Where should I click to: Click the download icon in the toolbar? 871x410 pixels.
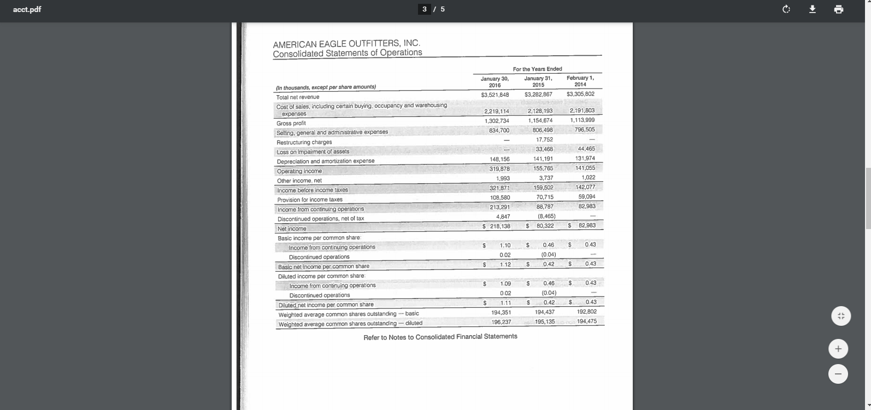pos(813,9)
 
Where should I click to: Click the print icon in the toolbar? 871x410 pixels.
pos(839,9)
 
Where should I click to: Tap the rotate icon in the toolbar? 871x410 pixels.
pos(786,9)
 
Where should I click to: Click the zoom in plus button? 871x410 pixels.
pos(838,349)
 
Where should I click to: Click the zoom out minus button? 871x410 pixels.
pos(838,374)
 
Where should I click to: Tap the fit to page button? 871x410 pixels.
pos(841,316)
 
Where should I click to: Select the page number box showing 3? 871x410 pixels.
pos(425,9)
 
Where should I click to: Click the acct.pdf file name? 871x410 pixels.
pos(27,9)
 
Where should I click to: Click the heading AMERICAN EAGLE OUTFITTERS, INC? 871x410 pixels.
pos(346,43)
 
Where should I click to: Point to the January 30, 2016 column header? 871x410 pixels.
pos(495,82)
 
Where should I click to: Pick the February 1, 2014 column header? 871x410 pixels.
pos(580,81)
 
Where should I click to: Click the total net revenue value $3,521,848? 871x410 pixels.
pos(495,95)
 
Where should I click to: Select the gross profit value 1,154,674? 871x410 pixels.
pos(540,120)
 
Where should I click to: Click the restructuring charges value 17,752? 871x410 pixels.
pos(544,139)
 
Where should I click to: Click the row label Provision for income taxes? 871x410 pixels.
pos(310,200)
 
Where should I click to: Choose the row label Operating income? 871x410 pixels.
pos(299,171)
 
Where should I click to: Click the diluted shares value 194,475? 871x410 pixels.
pos(586,321)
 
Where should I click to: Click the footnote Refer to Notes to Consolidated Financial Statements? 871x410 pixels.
pos(440,337)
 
